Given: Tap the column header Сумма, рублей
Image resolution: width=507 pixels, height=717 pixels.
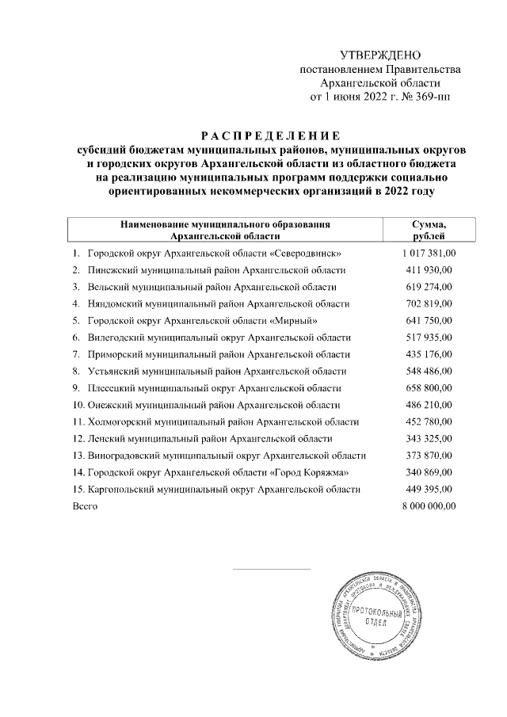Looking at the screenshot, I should click(428, 231).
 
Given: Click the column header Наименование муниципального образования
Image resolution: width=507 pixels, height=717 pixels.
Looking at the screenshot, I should click(224, 225).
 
